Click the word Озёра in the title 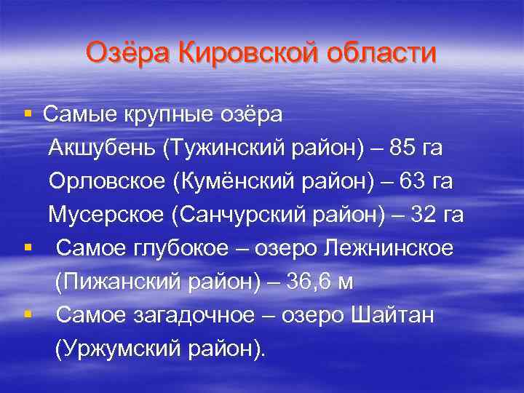coord(127,53)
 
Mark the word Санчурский coord(231,215)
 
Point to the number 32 coord(426,215)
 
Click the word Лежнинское coord(392,248)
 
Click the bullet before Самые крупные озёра coord(27,114)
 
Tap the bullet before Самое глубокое coord(27,248)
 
